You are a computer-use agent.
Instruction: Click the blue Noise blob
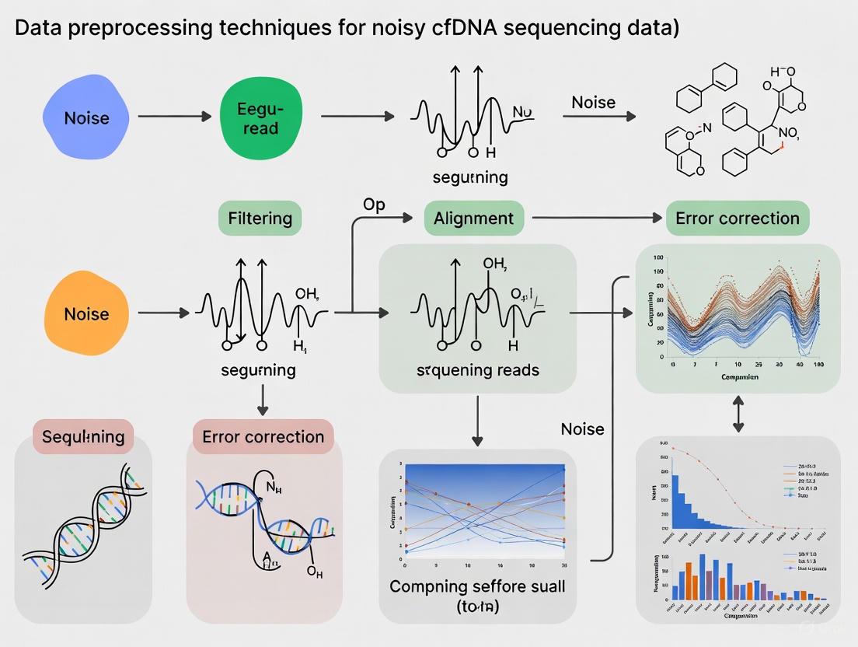tap(86, 117)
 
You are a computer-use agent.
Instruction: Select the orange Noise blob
tap(86, 313)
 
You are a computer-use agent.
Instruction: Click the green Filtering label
tap(260, 218)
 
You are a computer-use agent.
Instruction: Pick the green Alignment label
tap(474, 218)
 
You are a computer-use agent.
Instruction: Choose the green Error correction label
tap(737, 218)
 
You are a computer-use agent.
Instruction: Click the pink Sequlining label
tap(83, 436)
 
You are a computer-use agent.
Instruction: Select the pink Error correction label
tap(263, 436)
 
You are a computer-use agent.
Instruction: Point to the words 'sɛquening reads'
tap(477, 369)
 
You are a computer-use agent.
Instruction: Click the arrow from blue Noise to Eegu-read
tap(174, 117)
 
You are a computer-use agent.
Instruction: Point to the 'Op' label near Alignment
tap(374, 205)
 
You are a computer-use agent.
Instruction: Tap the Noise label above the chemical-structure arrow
tap(593, 102)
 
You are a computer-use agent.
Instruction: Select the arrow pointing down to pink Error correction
tap(263, 399)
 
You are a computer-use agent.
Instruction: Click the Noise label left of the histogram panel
tap(582, 428)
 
